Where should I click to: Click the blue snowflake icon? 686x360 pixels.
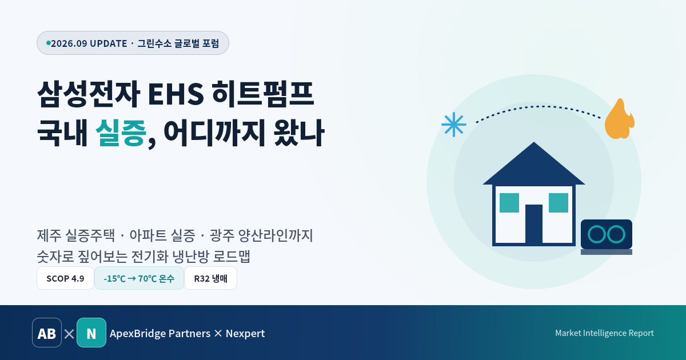coord(454,125)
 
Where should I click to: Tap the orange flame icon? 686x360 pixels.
coord(619,119)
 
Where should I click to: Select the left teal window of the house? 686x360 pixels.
coord(509,203)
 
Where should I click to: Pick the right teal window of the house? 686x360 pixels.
coord(559,203)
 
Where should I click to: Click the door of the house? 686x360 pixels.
coord(534,224)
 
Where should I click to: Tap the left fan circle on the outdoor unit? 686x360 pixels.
coord(597,234)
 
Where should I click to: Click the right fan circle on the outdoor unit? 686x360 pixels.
coord(616,234)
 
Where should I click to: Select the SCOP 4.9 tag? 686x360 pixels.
coord(65,278)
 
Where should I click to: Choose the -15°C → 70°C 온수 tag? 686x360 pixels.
coord(139,278)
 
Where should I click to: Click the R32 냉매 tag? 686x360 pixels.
coord(211,278)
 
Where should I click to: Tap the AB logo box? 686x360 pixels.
coord(47,333)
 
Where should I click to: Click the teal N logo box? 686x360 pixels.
coord(91,333)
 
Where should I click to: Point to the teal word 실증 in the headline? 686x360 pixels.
coord(121,133)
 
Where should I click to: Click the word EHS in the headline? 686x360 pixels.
coord(176,94)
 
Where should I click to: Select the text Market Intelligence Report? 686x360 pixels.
coord(604,333)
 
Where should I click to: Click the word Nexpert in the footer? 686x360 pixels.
coord(245,333)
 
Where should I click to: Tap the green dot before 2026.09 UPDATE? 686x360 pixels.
coord(49,43)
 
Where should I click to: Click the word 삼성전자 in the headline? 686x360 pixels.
coord(89,94)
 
